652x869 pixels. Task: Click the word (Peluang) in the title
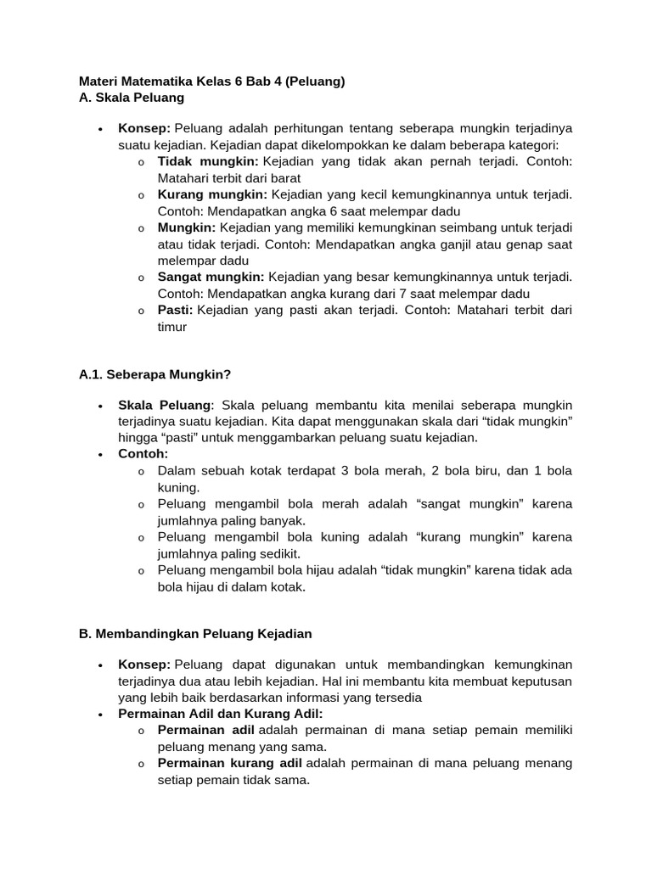pos(315,81)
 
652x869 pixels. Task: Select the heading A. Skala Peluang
pos(132,98)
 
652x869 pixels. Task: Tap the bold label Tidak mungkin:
pos(208,161)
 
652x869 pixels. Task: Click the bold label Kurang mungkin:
pos(212,194)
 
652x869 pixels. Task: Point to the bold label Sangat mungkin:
pos(211,277)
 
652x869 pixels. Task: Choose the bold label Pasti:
pos(175,310)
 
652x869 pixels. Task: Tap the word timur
pos(172,327)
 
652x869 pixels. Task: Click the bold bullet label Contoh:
pos(143,454)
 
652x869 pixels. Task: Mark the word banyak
pos(285,520)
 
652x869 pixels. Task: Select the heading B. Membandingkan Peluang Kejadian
pos(195,634)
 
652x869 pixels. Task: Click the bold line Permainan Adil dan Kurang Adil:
pos(221,714)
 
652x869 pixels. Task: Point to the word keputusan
pos(540,681)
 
